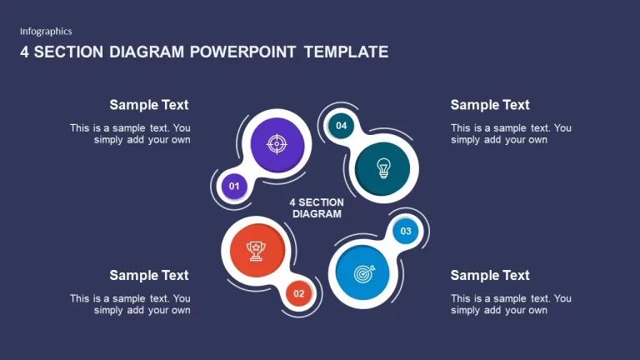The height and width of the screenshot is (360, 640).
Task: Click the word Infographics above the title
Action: [46, 32]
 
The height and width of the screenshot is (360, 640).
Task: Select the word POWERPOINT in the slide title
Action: [242, 52]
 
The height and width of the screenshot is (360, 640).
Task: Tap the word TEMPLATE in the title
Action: [346, 52]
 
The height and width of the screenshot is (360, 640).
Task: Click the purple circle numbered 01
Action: [234, 187]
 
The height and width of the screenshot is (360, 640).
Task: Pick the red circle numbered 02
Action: [299, 293]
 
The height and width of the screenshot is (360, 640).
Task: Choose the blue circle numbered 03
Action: [406, 231]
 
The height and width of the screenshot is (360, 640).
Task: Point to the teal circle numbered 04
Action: [341, 126]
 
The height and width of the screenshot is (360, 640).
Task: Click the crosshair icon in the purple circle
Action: [277, 144]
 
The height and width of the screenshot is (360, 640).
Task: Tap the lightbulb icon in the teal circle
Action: [383, 168]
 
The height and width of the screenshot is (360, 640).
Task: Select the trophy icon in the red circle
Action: [256, 251]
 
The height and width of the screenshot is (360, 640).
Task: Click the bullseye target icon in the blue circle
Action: [364, 273]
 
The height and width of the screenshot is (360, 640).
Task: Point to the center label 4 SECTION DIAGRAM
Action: [317, 208]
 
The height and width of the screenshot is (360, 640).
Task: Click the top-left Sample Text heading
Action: [149, 105]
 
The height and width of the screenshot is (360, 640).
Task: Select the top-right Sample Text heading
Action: [490, 105]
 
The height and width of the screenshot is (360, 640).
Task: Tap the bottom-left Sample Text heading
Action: [149, 276]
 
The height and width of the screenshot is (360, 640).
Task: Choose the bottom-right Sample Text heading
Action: [490, 276]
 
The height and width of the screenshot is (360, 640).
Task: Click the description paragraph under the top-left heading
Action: [130, 134]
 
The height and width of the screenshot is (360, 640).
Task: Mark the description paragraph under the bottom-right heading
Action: [511, 304]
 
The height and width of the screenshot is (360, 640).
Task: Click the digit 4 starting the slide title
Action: [24, 52]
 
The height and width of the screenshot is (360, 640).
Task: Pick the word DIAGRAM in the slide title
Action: [147, 52]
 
